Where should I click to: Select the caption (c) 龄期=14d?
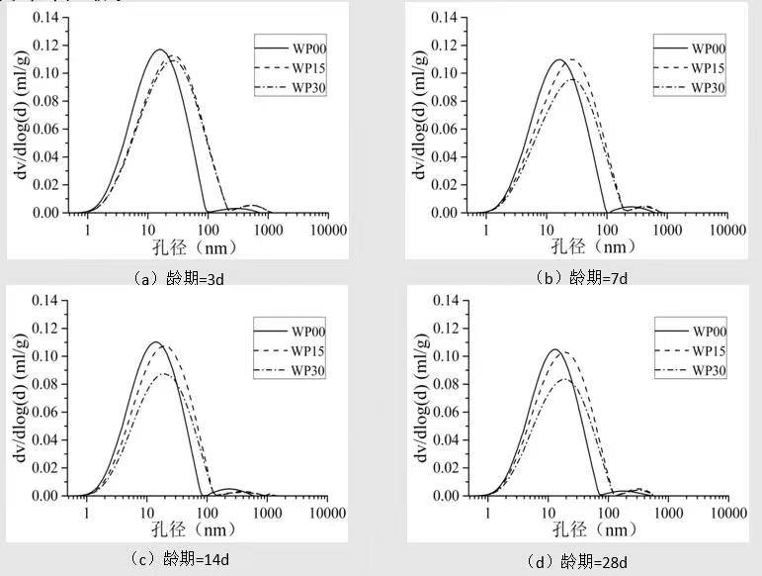pos(185,559)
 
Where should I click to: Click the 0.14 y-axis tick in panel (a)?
pos(44,18)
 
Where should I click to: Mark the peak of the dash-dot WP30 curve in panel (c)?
pos(163,373)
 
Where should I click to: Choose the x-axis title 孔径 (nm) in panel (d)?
pos(594,530)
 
